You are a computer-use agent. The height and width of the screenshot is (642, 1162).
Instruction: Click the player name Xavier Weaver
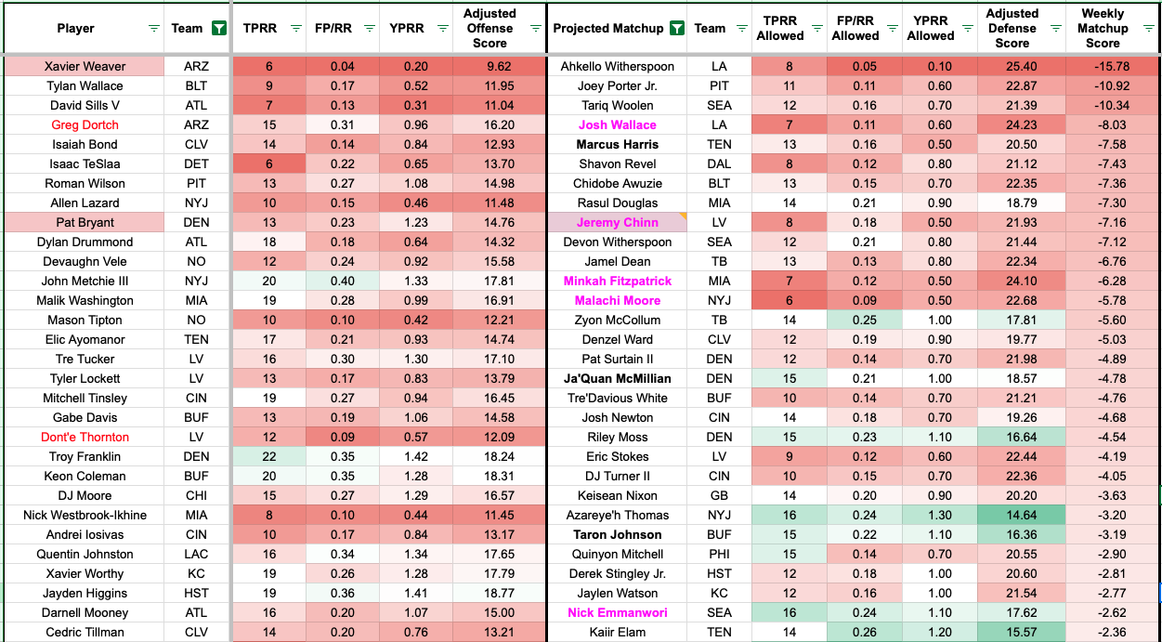(85, 67)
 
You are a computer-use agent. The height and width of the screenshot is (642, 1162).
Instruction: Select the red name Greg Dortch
(85, 125)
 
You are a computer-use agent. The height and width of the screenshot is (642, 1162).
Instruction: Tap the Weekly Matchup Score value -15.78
(1103, 67)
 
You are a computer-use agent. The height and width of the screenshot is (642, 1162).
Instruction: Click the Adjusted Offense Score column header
(490, 29)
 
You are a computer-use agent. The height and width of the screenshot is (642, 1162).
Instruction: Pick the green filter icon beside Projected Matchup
(676, 29)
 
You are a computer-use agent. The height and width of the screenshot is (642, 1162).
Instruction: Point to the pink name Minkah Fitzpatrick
(617, 282)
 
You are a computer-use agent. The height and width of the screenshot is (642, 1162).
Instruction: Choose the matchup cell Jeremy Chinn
(617, 223)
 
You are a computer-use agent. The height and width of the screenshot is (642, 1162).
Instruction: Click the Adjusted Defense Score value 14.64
(1012, 516)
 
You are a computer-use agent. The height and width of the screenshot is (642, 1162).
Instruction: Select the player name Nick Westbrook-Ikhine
(85, 516)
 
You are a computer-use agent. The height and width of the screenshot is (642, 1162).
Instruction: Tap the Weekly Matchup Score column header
(1103, 29)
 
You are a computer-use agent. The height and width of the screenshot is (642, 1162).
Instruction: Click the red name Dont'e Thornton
(85, 438)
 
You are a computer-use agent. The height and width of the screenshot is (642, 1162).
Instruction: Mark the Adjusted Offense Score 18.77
(490, 594)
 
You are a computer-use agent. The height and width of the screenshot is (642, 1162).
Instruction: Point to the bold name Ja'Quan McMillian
(617, 379)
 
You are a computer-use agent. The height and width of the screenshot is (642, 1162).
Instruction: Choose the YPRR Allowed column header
(930, 29)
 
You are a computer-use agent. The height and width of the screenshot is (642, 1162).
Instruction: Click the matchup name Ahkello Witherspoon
(617, 67)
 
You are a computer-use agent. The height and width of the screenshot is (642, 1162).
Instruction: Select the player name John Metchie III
(85, 282)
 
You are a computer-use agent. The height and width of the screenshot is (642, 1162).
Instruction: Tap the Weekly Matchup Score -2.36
(1103, 633)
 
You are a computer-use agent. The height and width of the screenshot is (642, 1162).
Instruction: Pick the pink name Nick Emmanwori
(617, 613)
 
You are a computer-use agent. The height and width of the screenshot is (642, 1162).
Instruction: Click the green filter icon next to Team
(218, 29)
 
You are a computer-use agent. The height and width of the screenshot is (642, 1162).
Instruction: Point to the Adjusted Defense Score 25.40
(1012, 67)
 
